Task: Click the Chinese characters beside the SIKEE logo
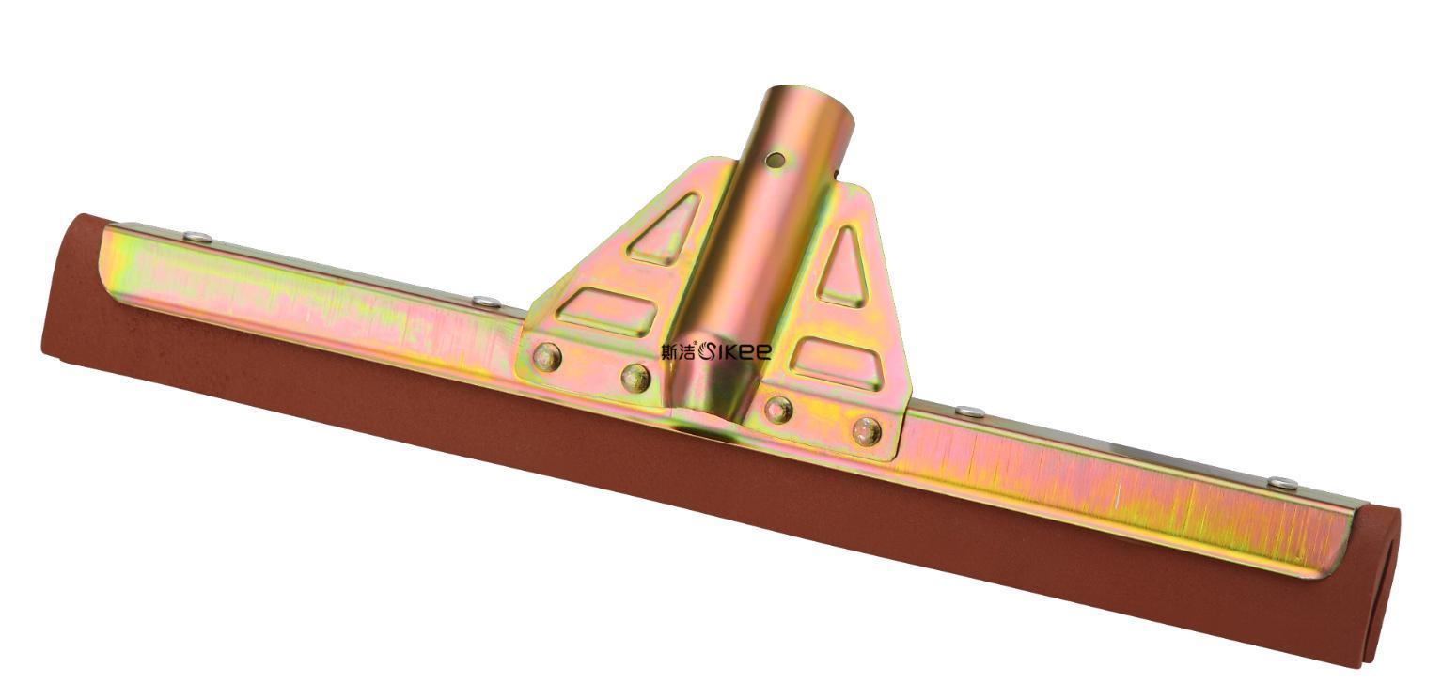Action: click(679, 351)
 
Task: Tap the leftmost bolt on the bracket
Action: click(547, 356)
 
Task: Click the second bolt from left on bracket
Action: click(635, 378)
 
